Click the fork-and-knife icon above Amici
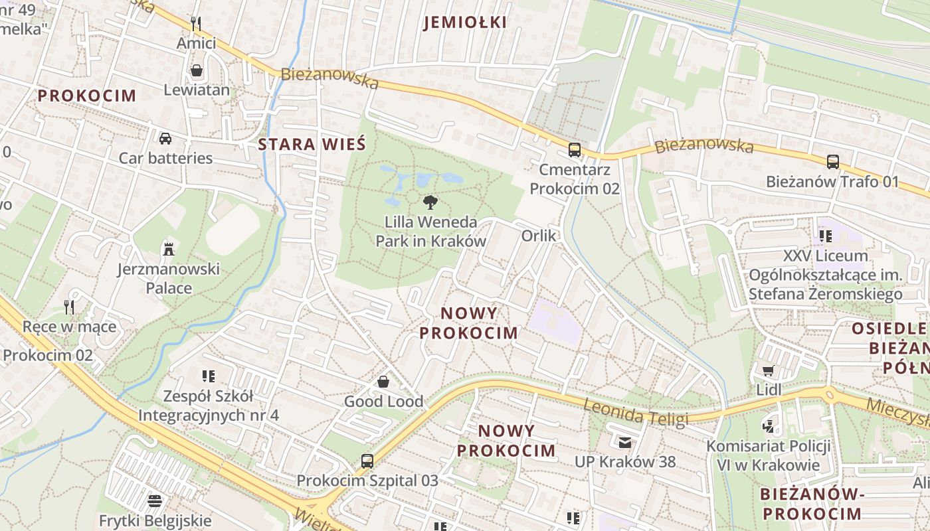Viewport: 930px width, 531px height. [196, 24]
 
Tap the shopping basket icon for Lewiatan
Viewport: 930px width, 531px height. [197, 70]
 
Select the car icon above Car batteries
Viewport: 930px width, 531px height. [165, 139]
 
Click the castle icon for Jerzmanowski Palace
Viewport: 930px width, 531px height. [168, 250]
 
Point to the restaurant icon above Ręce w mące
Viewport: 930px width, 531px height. [69, 307]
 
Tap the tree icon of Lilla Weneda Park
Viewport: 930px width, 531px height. [430, 202]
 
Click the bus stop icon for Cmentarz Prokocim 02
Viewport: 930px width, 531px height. [575, 150]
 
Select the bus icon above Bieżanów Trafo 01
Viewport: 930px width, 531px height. [832, 162]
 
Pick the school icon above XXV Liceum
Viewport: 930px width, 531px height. [826, 236]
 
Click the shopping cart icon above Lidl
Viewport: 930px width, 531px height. [769, 370]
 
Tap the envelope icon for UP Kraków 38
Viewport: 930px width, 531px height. [625, 442]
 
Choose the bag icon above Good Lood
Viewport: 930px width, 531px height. [383, 382]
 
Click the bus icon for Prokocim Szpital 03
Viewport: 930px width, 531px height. [367, 461]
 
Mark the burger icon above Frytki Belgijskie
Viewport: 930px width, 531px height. [155, 500]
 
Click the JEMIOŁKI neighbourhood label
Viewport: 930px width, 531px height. [465, 23]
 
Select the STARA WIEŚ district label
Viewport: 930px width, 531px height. [312, 144]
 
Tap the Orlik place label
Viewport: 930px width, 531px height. [539, 236]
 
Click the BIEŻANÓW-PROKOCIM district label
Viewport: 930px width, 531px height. [811, 504]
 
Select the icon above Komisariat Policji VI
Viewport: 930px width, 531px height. [769, 426]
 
